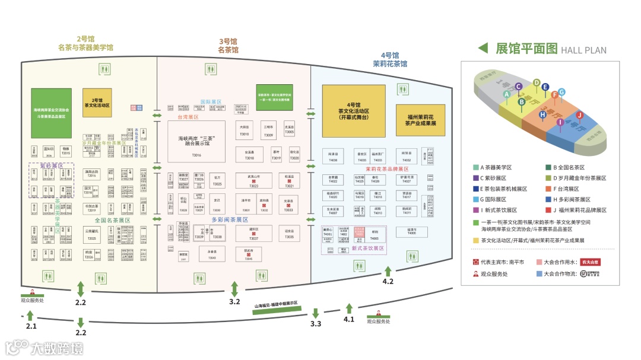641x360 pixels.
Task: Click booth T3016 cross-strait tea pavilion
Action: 196,142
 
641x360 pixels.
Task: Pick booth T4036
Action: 333,157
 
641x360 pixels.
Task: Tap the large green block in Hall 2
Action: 51,113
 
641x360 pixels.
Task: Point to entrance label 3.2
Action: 234,301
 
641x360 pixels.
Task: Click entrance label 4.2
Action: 388,281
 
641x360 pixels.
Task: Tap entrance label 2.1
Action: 31,326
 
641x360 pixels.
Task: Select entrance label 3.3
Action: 316,323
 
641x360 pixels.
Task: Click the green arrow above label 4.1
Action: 349,308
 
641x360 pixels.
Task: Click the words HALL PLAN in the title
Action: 583,50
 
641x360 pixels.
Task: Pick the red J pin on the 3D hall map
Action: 580,114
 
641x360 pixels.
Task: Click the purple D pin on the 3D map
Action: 537,83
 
